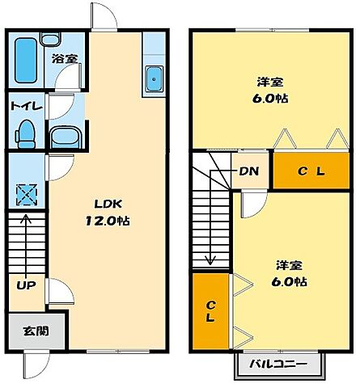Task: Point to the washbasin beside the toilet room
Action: pos(64,135)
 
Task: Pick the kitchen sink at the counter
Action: pos(154,79)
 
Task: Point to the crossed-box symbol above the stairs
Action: pos(26,195)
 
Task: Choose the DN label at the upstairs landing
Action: pos(248,171)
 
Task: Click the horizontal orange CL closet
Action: pos(311,171)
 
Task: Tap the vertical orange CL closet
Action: pos(210,311)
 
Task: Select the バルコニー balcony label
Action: pos(277,365)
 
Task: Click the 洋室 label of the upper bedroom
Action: pos(269,82)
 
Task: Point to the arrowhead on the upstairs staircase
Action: pos(210,260)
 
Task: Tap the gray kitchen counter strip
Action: pos(153,57)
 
